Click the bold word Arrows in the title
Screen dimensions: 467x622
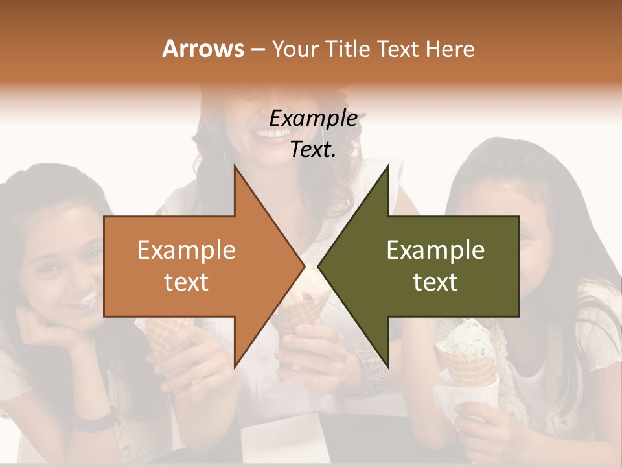pos(203,49)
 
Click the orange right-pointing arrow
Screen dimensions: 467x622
pos(194,267)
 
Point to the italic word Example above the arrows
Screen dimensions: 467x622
pos(313,118)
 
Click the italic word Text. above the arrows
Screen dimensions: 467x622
pos(313,149)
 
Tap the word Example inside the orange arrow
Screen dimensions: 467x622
pos(186,250)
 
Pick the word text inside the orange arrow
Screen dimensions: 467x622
pos(186,282)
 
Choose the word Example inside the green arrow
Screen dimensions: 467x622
pos(435,250)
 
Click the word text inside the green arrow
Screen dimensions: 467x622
pos(435,282)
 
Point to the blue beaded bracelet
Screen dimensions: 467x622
pos(93,422)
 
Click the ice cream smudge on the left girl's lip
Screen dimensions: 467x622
pos(87,300)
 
